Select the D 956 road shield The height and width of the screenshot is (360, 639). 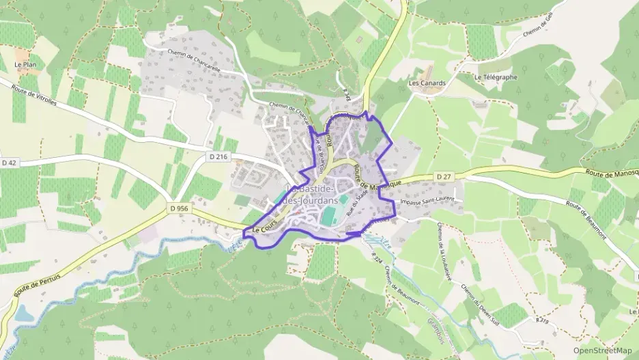179,208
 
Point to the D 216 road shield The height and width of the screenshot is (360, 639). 218,157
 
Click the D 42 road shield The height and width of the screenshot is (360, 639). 9,163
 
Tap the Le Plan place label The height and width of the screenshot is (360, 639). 25,65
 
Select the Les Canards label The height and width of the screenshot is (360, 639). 427,83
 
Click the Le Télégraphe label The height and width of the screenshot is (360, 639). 496,77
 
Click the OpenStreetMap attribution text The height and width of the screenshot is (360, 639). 603,350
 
